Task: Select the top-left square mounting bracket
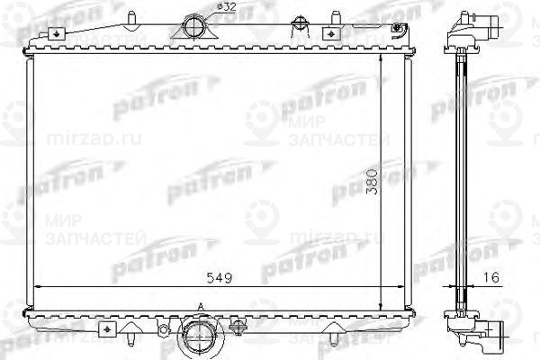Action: [57, 33]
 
